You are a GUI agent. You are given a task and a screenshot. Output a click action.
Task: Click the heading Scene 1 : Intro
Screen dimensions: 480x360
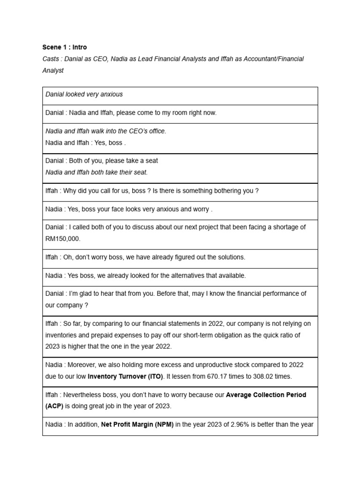(64, 47)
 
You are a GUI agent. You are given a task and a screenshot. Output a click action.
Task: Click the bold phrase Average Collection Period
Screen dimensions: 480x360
(266, 395)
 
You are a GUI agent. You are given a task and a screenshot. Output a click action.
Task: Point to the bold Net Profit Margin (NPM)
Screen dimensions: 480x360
(137, 425)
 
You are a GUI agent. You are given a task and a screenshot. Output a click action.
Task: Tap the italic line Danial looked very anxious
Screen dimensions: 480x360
(84, 94)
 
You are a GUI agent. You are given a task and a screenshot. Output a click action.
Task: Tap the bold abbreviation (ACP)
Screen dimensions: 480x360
(54, 406)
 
